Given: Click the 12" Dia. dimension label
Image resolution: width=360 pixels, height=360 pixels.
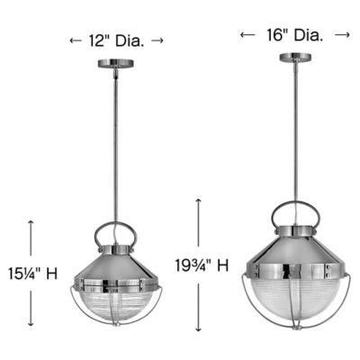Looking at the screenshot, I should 116,40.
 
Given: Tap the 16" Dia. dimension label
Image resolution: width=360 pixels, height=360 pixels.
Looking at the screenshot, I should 293,34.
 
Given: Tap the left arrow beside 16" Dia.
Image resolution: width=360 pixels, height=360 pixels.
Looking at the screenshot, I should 245,34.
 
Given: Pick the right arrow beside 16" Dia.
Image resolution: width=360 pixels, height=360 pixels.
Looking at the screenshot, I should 342,34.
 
